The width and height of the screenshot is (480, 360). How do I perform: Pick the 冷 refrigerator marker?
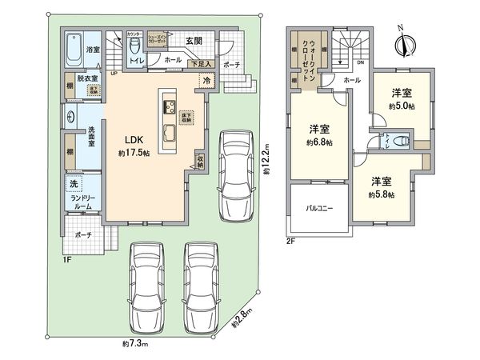click(x=206, y=80)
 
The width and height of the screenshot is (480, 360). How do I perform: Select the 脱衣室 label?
click(x=88, y=78)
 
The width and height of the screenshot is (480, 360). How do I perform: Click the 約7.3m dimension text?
click(x=137, y=344)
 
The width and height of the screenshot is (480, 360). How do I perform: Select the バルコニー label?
click(x=318, y=208)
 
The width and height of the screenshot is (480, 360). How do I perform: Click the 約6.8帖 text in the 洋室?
click(x=318, y=142)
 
